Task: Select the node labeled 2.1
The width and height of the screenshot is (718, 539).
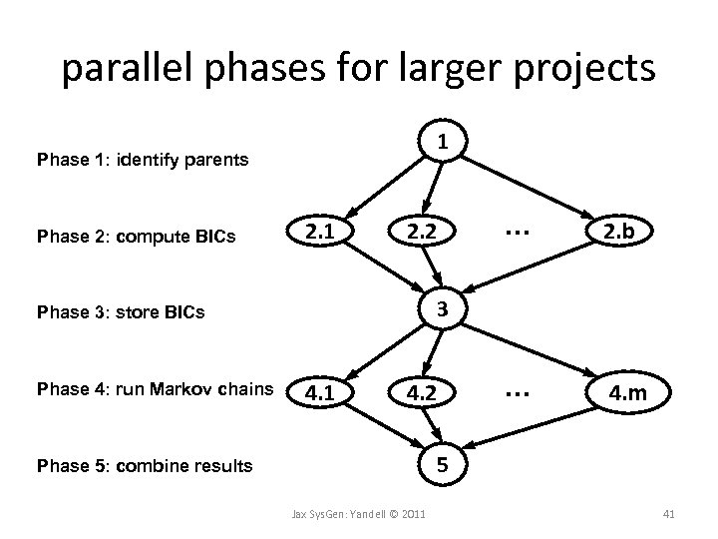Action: [x=319, y=233]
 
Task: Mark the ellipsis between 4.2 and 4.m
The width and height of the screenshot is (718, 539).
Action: [x=517, y=392]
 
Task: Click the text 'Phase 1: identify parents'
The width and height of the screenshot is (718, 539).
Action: [x=143, y=159]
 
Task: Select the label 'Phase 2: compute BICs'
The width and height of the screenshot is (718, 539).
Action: [x=136, y=237]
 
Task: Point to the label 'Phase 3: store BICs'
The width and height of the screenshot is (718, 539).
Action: [x=120, y=312]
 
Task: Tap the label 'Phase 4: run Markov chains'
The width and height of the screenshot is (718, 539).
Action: [x=155, y=388]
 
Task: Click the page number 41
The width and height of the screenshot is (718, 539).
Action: [x=669, y=513]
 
